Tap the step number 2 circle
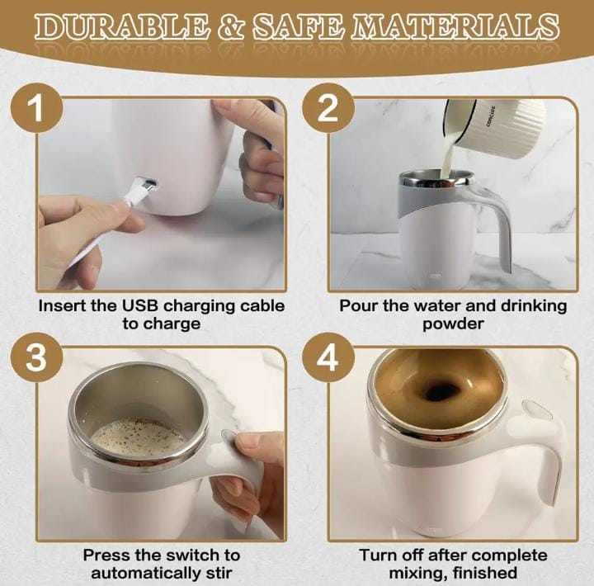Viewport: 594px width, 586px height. [328, 108]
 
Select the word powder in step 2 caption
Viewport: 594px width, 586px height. [453, 324]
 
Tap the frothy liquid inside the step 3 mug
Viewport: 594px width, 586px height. [139, 435]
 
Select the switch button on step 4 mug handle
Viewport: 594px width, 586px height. [537, 410]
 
